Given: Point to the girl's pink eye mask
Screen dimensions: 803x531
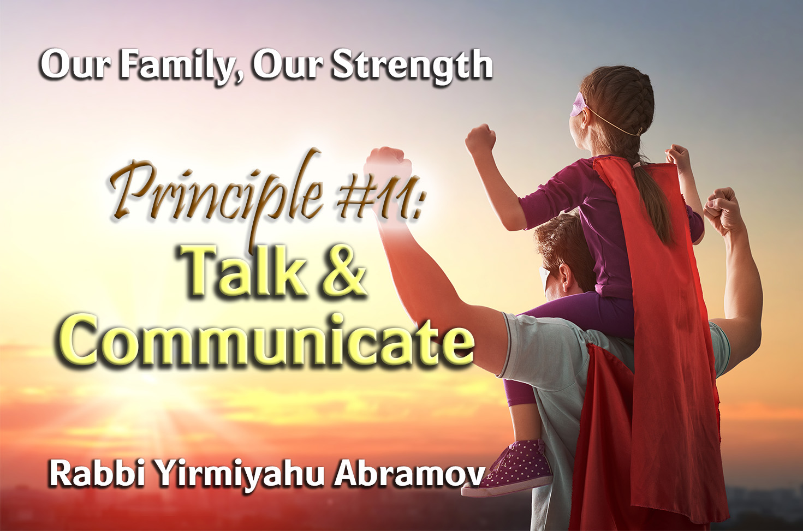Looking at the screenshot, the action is click(579, 104).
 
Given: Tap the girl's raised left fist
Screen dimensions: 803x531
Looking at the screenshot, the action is click(480, 138).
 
